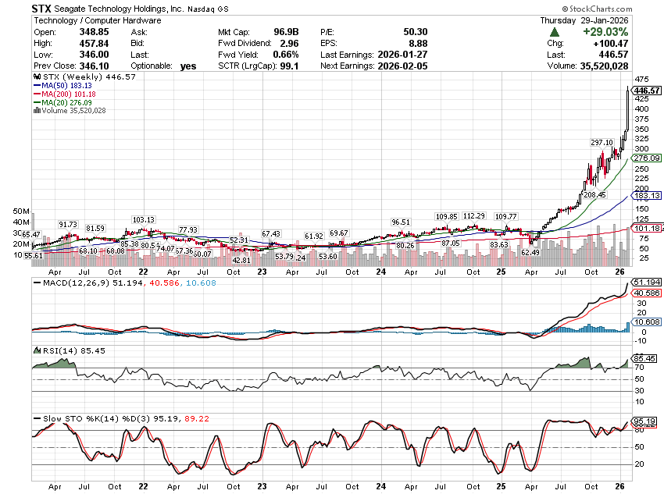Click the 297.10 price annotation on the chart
(x=602, y=142)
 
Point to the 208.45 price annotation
(x=594, y=194)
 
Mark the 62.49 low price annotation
(x=530, y=252)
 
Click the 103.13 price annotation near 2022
(x=144, y=220)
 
